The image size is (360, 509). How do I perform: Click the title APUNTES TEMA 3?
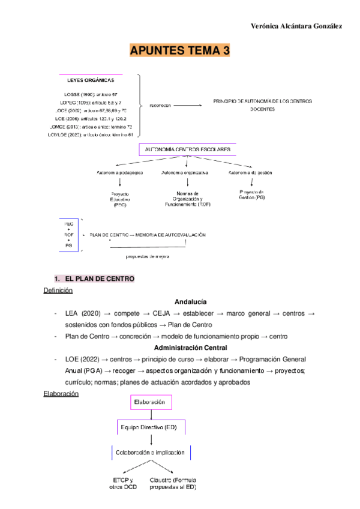click(180, 51)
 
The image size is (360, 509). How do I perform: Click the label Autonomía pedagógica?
click(120, 173)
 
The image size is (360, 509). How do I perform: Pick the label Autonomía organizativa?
click(184, 173)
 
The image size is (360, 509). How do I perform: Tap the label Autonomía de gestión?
click(251, 173)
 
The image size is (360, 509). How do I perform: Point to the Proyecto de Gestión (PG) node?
click(251, 194)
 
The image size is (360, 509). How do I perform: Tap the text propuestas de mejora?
click(148, 256)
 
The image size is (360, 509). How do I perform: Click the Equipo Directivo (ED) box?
click(151, 427)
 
